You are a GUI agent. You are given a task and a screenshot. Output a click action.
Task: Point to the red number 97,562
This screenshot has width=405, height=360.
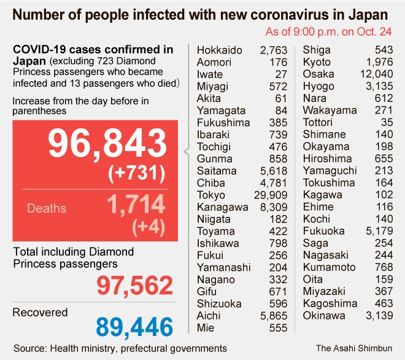point(134,286)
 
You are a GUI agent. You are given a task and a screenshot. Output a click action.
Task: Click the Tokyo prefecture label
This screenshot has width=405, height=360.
point(211,195)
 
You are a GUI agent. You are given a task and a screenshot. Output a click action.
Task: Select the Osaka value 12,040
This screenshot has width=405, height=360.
point(376,74)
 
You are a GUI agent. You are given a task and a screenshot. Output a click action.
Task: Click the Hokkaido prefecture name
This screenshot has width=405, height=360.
point(219,50)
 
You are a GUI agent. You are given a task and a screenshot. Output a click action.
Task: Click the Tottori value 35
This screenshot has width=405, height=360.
point(386,122)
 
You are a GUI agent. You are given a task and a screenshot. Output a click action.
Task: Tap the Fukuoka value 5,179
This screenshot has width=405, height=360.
point(380,231)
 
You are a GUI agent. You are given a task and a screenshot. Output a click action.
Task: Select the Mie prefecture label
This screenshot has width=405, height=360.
point(205,328)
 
